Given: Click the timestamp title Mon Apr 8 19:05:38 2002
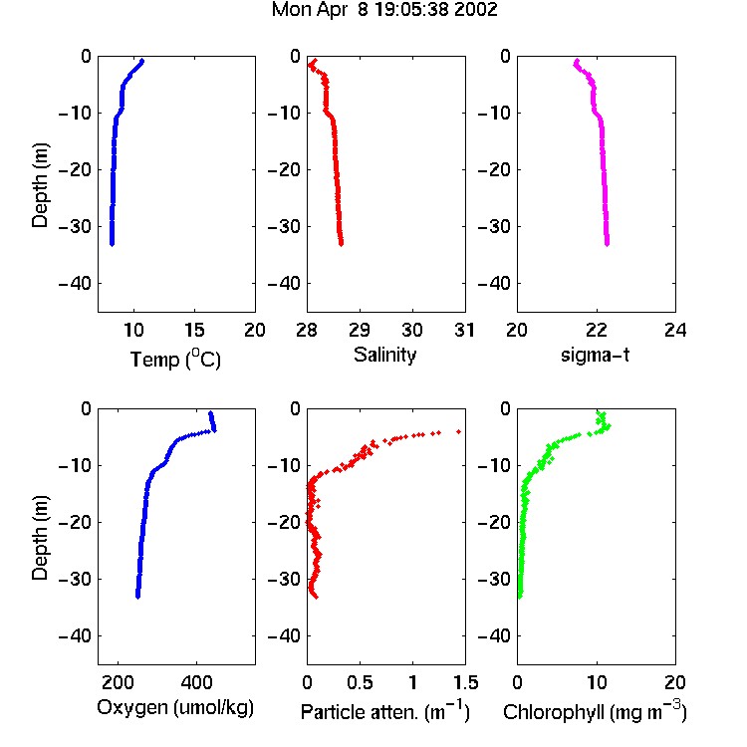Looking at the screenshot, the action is [x=384, y=10].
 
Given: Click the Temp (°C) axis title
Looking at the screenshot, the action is [x=175, y=359].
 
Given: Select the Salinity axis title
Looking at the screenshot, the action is [x=384, y=355].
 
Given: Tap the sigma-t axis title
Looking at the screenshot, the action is [x=595, y=355].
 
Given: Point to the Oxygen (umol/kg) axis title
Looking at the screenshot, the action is [x=175, y=708].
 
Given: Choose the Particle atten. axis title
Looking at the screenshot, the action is [x=384, y=711].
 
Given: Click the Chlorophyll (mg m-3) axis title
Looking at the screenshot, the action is [x=595, y=711].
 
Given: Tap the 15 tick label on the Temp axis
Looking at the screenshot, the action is [x=194, y=330].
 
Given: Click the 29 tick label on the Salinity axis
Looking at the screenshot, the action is [x=360, y=330].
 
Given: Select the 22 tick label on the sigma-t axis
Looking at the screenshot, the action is [x=596, y=330].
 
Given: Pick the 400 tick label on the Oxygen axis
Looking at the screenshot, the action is [x=196, y=682].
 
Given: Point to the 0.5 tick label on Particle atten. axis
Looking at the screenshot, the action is [x=360, y=682].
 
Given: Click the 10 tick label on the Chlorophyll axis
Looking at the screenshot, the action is [x=596, y=682].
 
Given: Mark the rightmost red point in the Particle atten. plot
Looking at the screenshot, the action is [x=459, y=431].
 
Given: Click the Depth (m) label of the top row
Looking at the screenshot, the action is [x=40, y=185].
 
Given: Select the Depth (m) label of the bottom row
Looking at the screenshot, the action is [x=40, y=538].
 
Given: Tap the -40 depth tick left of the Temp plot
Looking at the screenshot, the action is [x=75, y=284].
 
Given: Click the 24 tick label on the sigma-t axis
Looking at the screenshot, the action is [x=675, y=330].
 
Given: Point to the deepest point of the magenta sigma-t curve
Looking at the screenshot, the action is [x=607, y=244].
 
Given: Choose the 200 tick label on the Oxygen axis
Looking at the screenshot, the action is [x=118, y=682].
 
